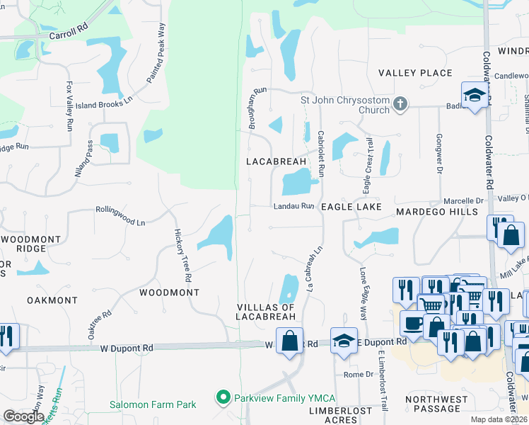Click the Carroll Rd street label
tap(68, 34)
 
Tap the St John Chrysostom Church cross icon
tap(400, 104)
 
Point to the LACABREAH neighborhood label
tap(276, 161)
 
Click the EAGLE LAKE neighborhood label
tap(351, 207)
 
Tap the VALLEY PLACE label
tap(414, 73)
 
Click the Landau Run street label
tap(293, 206)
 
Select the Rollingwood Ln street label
tap(120, 216)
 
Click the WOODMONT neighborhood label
tap(169, 292)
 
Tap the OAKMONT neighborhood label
tap(52, 300)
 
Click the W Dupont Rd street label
tap(126, 348)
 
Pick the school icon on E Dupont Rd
tap(344, 339)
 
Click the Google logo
tap(24, 416)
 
